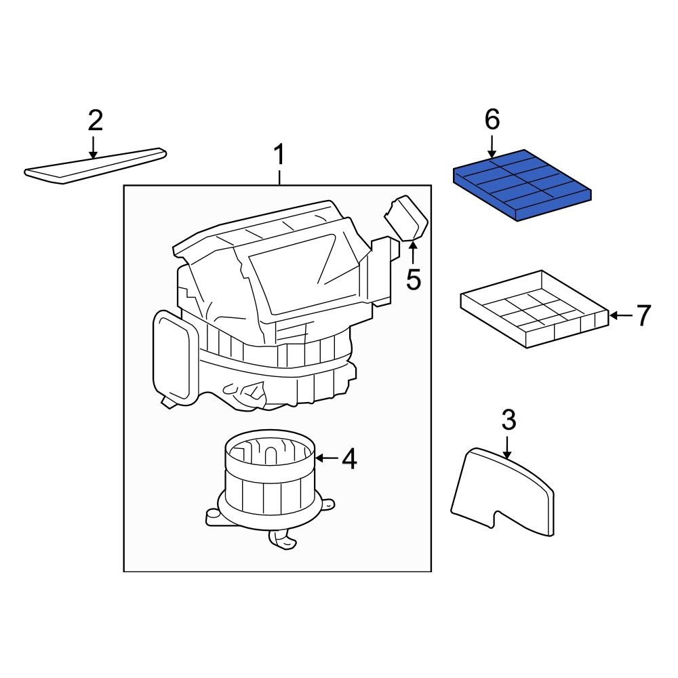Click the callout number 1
pyautogui.click(x=279, y=157)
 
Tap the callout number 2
pyautogui.click(x=95, y=121)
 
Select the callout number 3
pyautogui.click(x=509, y=420)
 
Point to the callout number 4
pyautogui.click(x=348, y=459)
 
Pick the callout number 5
pyautogui.click(x=413, y=279)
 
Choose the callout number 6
pyautogui.click(x=492, y=120)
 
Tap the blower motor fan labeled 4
pyautogui.click(x=270, y=481)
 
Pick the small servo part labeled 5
pyautogui.click(x=406, y=217)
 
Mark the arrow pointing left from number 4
pyautogui.click(x=326, y=459)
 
